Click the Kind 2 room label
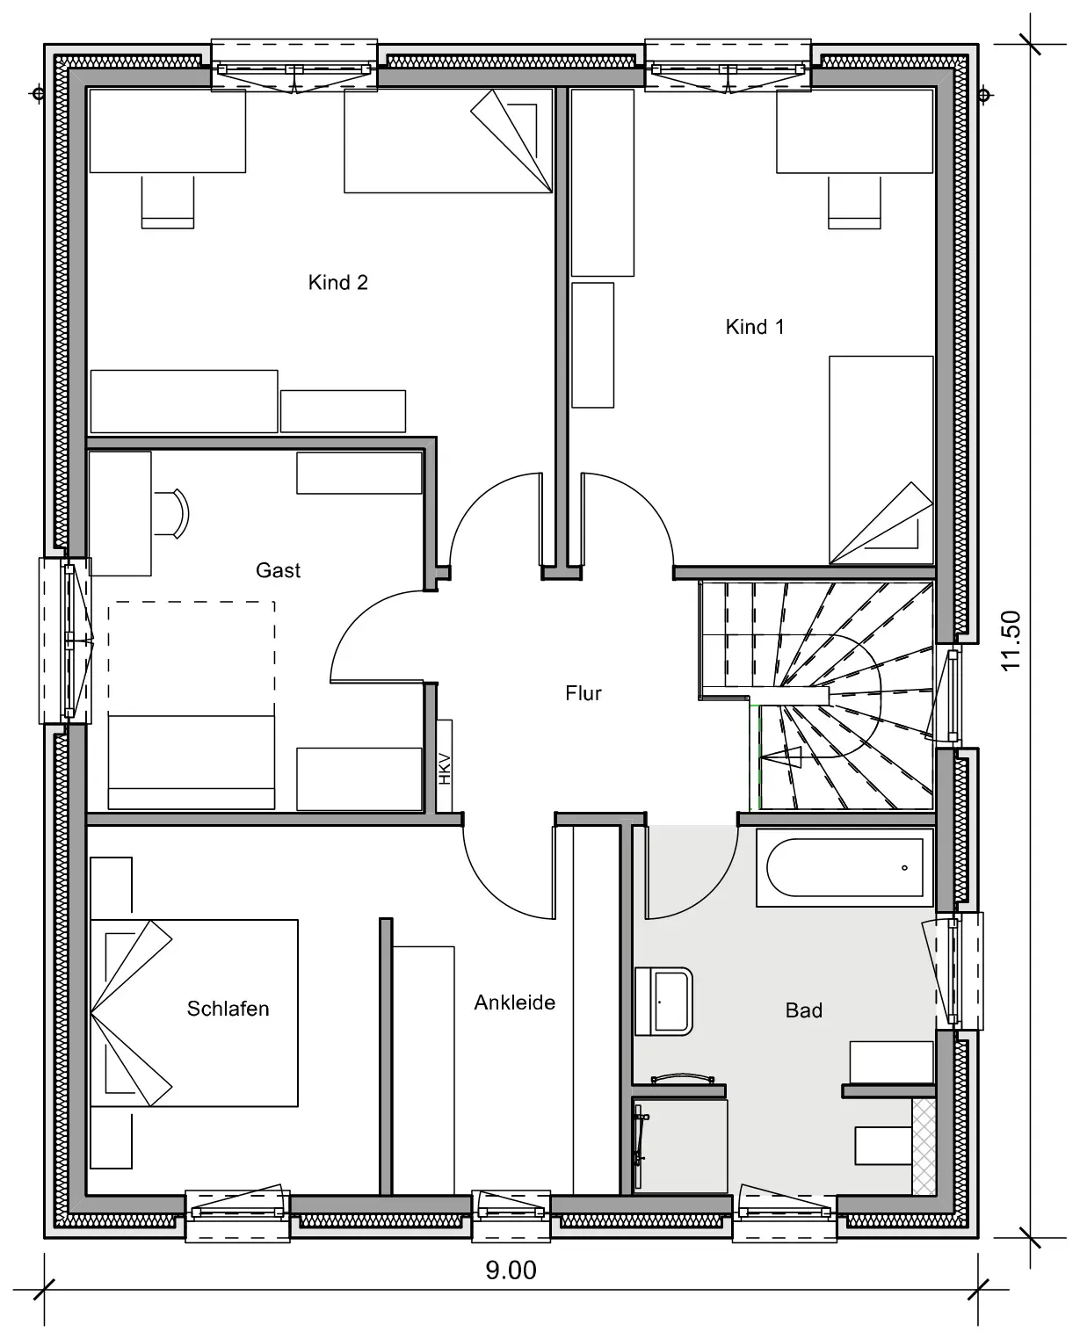[x=338, y=283]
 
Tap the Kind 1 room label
[x=755, y=327]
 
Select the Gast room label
[x=279, y=570]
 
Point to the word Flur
[x=583, y=693]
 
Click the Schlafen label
[x=228, y=1009]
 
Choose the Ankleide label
[x=515, y=1002]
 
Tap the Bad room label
[x=803, y=1010]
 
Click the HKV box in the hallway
[x=445, y=766]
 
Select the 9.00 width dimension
[x=511, y=1270]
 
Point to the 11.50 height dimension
[x=1011, y=641]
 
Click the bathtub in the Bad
[x=844, y=867]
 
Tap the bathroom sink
[x=663, y=1001]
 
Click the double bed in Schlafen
[x=194, y=1013]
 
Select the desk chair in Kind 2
[x=168, y=202]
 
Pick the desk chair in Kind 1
[x=854, y=203]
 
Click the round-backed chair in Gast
[x=172, y=513]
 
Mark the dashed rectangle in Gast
[x=192, y=658]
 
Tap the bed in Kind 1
[x=881, y=460]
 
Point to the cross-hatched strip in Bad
[x=924, y=1146]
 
